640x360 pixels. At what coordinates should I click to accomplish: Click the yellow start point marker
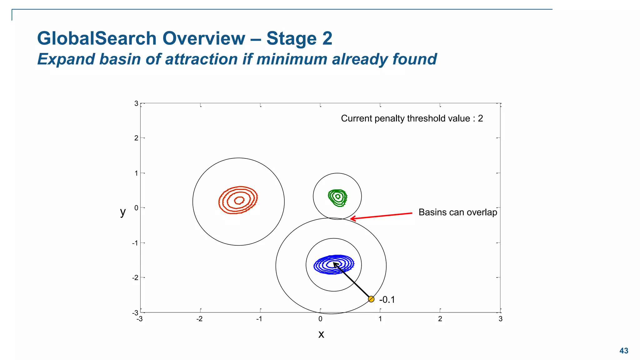click(x=371, y=299)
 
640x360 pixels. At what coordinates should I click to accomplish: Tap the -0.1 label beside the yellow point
click(x=387, y=300)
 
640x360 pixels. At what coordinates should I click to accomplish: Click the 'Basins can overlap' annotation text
click(x=457, y=212)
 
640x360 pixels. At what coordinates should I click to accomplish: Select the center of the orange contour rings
click(x=239, y=200)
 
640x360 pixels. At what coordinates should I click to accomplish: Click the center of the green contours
click(x=338, y=197)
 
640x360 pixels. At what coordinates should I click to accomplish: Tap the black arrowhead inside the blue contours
click(x=335, y=264)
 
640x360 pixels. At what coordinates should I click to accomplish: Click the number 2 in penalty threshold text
click(x=480, y=118)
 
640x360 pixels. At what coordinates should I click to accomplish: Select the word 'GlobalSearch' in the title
click(x=97, y=38)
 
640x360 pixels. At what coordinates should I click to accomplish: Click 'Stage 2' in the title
click(x=299, y=38)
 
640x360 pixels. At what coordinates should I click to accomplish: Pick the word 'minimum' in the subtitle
click(x=292, y=59)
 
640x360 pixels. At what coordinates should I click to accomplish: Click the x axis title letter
click(x=321, y=334)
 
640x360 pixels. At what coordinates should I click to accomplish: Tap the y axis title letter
click(x=123, y=212)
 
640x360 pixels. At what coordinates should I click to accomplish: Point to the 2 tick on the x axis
click(x=440, y=319)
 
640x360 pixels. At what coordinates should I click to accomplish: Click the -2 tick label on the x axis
click(x=199, y=319)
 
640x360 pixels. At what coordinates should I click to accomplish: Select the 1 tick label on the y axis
click(x=136, y=173)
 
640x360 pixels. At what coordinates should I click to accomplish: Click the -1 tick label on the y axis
click(x=135, y=243)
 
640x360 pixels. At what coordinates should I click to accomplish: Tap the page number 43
click(x=623, y=351)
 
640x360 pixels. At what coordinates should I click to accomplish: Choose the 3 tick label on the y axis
click(x=136, y=103)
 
